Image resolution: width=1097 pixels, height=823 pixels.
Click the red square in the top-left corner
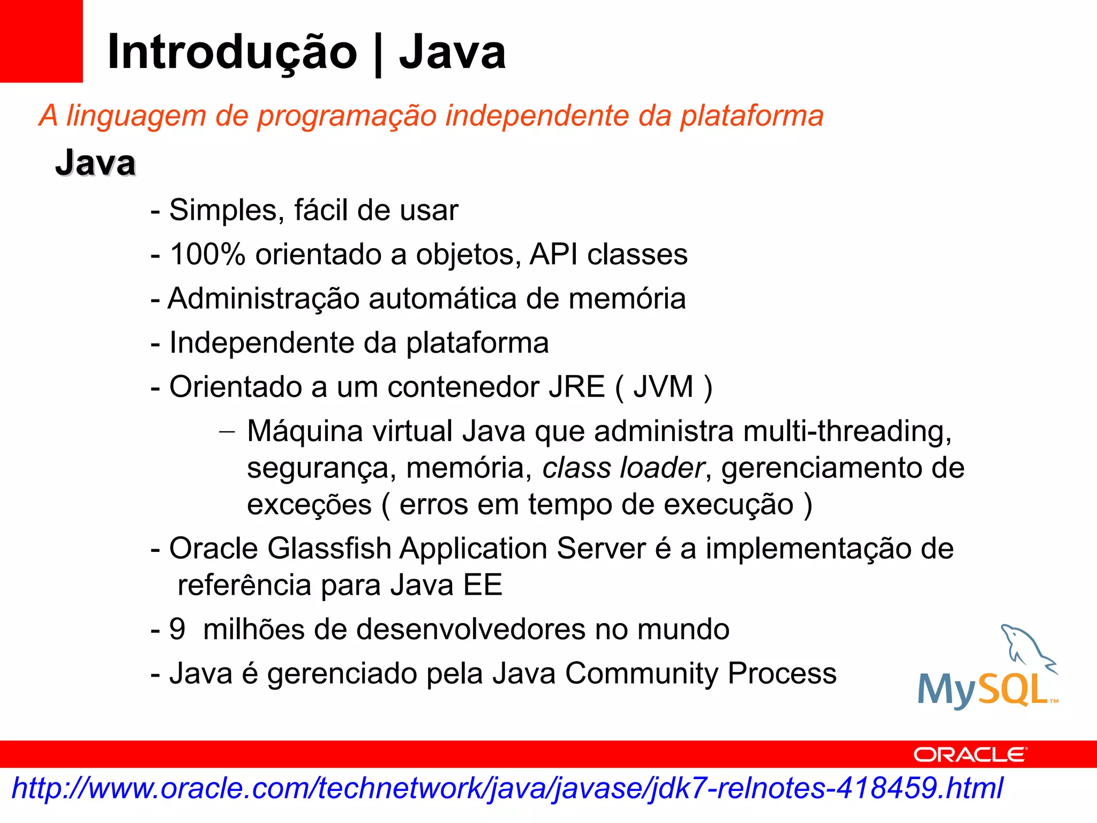41,41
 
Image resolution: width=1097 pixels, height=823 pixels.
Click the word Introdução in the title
232,53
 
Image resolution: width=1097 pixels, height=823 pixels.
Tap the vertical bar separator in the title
378,54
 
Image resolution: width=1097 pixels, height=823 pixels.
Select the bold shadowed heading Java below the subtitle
95,163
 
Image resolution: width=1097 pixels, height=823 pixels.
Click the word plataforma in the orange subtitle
752,116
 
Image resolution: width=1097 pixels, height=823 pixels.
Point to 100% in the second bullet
207,254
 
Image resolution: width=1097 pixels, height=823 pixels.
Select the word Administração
263,298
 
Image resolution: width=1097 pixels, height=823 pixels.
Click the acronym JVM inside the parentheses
663,387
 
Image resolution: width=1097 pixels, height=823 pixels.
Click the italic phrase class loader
623,468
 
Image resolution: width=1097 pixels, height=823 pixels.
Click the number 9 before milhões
177,629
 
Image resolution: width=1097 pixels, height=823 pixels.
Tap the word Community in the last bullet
642,674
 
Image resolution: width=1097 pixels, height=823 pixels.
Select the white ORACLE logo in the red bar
970,755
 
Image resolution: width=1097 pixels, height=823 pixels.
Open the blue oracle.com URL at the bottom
507,789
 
